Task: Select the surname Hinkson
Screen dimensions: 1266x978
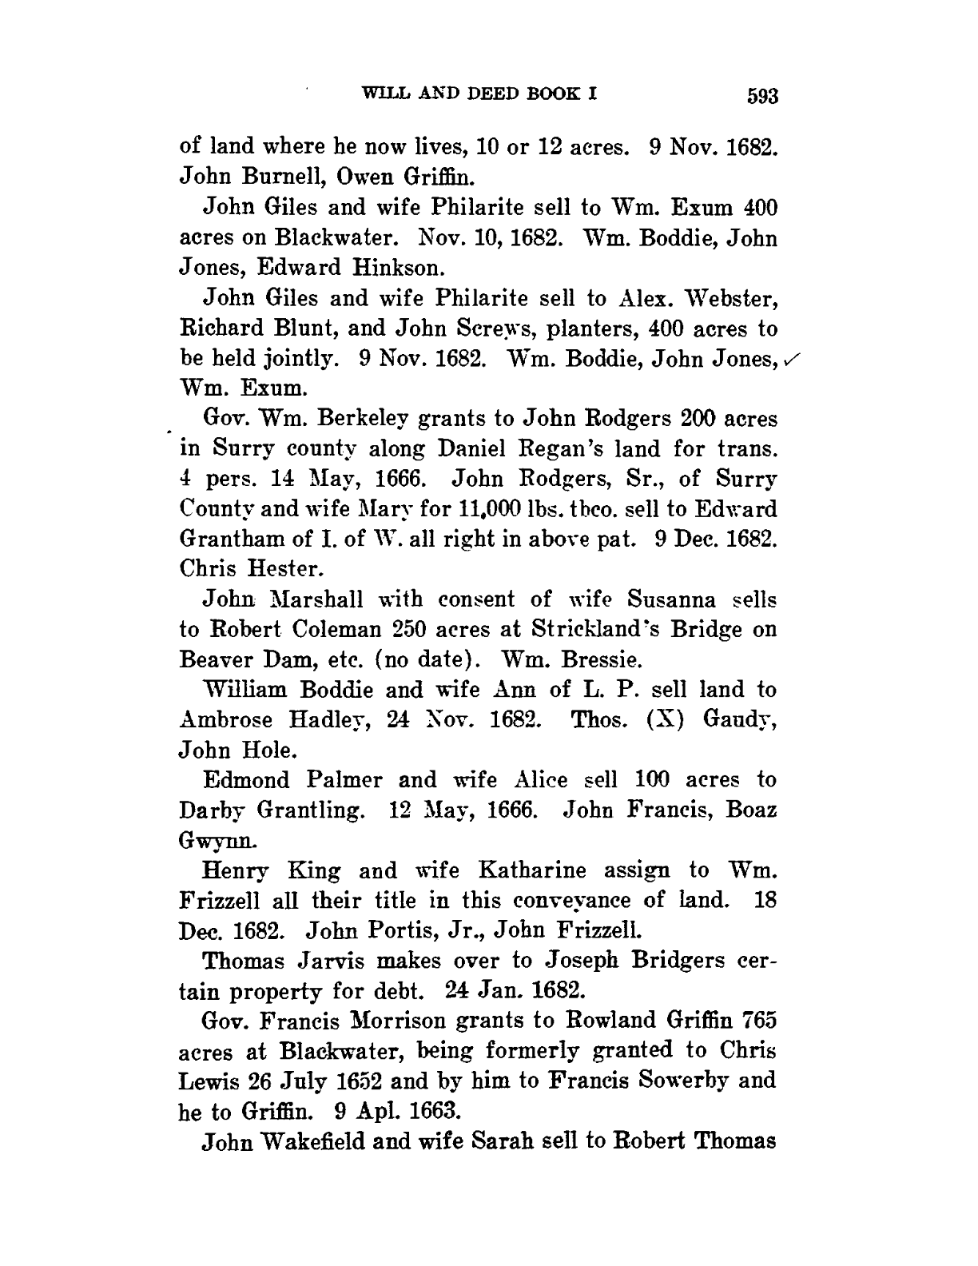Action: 378,267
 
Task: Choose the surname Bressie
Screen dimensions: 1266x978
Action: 593,660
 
